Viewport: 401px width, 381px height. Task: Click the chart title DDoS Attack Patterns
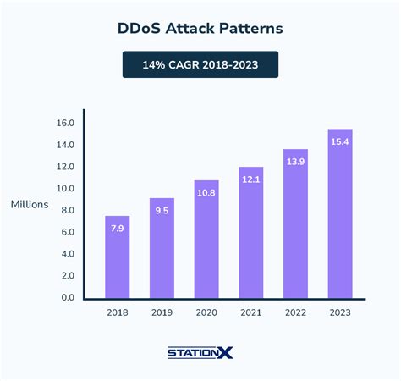(200, 28)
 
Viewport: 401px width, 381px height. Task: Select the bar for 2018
(117, 257)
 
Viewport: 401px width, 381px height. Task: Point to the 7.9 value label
(117, 228)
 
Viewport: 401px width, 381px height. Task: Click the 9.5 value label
(162, 210)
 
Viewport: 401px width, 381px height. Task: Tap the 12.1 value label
(250, 179)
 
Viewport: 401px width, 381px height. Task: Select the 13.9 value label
(295, 161)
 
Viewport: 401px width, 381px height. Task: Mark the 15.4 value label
(339, 141)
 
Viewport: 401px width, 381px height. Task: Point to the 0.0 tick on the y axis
(67, 298)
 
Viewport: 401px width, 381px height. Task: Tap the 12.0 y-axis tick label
(65, 167)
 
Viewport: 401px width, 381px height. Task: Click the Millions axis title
(30, 205)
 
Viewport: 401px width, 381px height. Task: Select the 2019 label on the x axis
(162, 313)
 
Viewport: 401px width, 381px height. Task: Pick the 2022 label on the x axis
(295, 313)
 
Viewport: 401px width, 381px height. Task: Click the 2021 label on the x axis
(250, 313)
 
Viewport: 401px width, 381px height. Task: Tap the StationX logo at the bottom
(200, 352)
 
